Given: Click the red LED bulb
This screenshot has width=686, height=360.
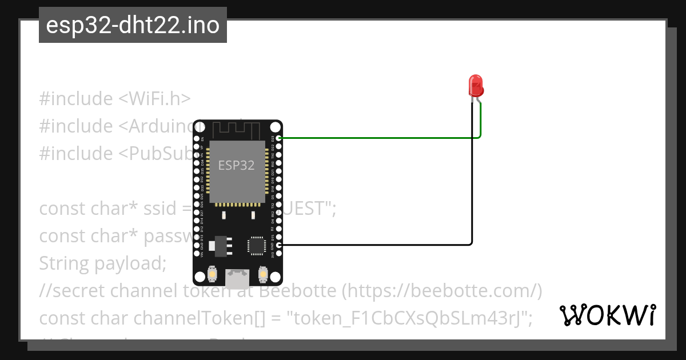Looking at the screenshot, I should tap(476, 86).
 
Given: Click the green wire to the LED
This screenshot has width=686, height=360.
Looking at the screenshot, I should tap(377, 138).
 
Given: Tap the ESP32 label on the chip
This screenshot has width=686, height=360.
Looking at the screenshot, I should tap(237, 165).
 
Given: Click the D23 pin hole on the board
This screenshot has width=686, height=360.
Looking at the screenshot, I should tap(278, 138).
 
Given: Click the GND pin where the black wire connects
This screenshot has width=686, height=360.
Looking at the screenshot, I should tap(278, 245).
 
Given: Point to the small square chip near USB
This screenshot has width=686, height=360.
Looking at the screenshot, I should tap(256, 246).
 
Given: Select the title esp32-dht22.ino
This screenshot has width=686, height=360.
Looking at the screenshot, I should tap(133, 25).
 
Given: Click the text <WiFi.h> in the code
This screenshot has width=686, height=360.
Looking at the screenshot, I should tap(154, 99).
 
